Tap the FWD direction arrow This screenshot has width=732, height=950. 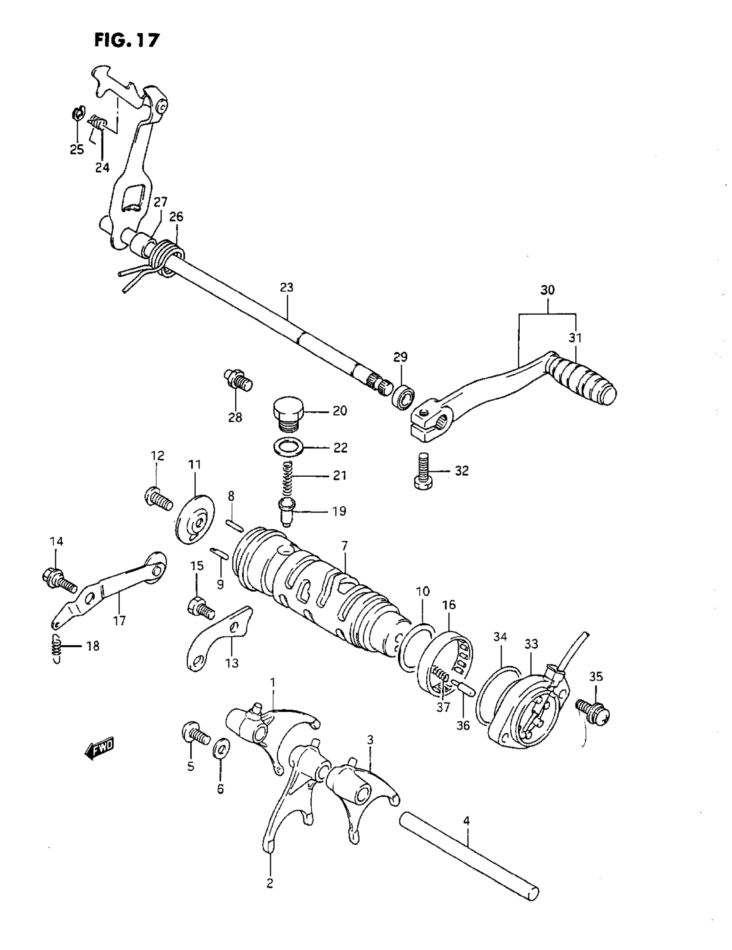(99, 749)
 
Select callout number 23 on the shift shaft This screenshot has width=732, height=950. (287, 288)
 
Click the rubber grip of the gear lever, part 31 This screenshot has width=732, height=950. (583, 378)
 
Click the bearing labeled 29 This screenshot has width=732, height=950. (403, 396)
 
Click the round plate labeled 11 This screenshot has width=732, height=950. (195, 518)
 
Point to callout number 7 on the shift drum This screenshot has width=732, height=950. (344, 546)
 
